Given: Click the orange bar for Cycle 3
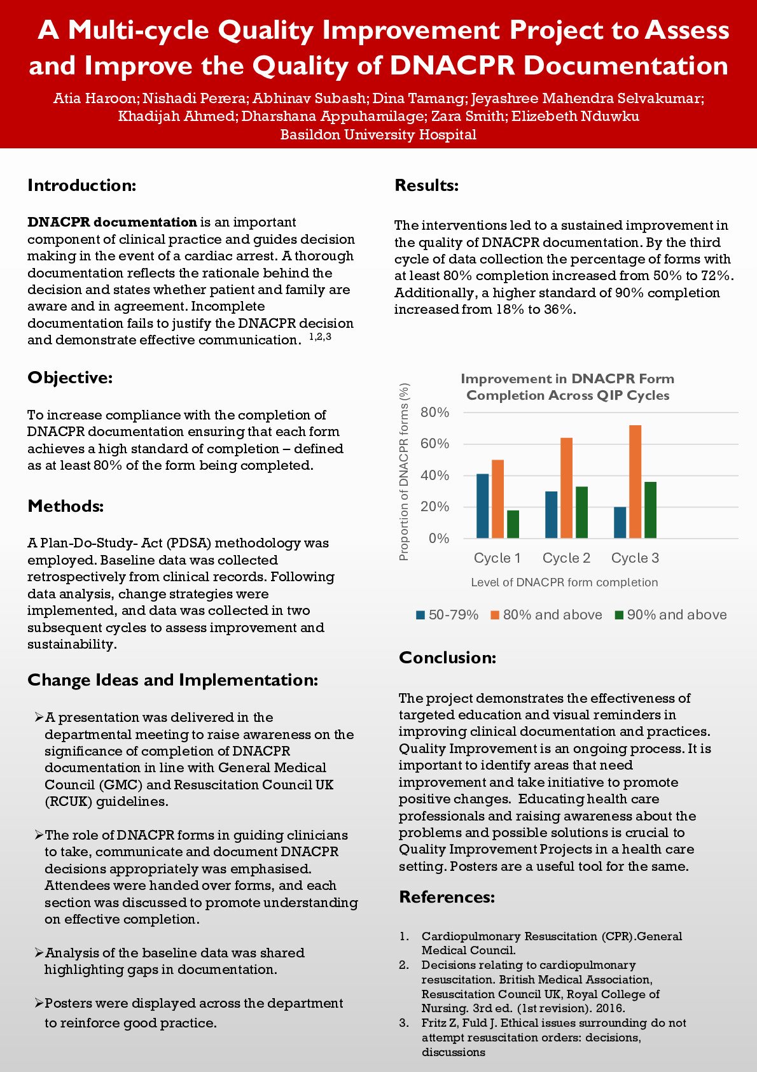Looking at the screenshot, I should click(635, 482).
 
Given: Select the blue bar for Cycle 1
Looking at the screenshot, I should click(482, 506).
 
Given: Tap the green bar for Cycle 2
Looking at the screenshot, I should click(581, 512).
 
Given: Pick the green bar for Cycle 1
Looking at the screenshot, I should click(513, 524).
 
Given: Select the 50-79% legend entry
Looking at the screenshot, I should click(447, 615).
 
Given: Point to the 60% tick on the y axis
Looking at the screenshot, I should click(435, 444).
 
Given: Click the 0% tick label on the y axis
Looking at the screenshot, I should click(439, 539).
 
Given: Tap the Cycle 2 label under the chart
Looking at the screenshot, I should click(566, 558).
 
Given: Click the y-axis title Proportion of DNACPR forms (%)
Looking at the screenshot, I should click(404, 472).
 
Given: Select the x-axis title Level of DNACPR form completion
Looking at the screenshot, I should click(564, 582).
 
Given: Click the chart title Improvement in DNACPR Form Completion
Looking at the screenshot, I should click(567, 387).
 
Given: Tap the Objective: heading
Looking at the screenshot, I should click(70, 377).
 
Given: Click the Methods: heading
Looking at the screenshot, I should click(66, 506).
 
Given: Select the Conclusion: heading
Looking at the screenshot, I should click(447, 658).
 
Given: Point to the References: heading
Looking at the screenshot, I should click(447, 897).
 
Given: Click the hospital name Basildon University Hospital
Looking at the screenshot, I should click(378, 135).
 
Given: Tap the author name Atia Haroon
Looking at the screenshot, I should click(95, 99).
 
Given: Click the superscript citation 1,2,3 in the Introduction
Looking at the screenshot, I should click(320, 337).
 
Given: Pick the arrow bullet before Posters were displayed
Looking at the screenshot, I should click(39, 1003).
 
